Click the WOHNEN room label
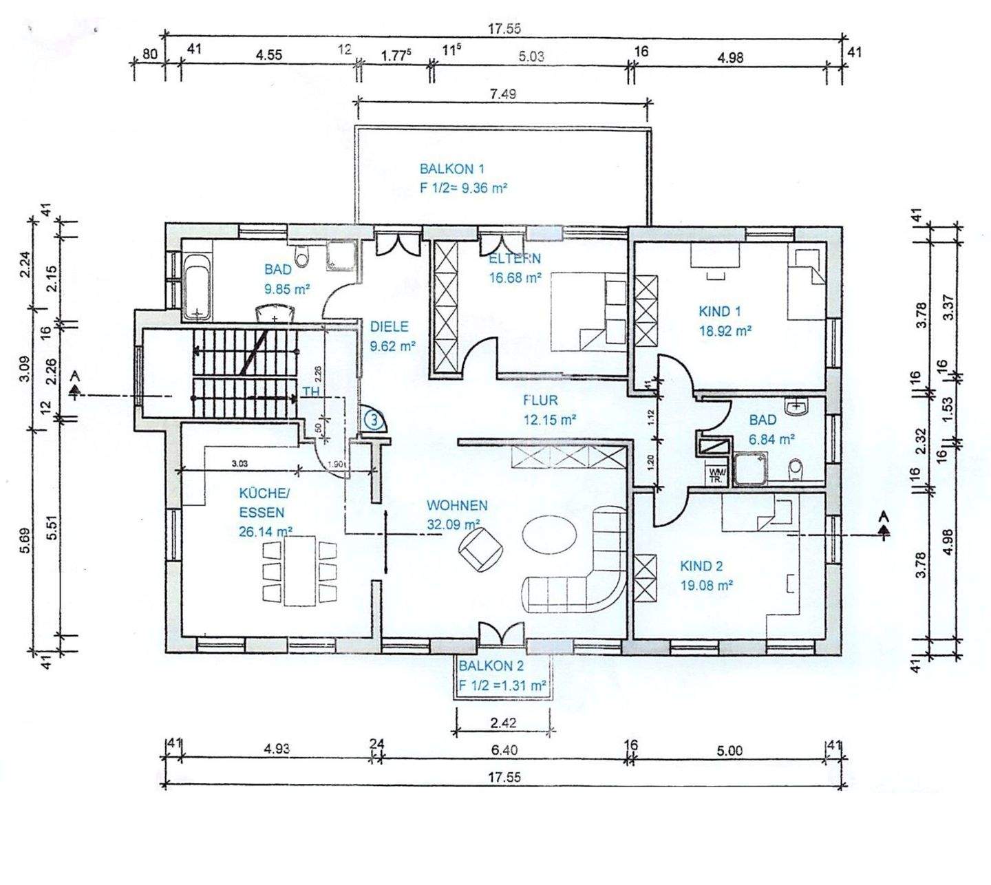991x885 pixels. tap(457, 505)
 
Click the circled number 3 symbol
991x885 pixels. tap(373, 418)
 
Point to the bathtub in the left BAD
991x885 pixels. tap(196, 285)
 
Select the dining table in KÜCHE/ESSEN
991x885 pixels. tap(300, 571)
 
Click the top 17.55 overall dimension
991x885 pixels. tap(504, 29)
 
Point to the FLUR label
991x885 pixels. tap(540, 400)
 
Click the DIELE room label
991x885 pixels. tap(389, 327)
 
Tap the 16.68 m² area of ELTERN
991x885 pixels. tap(515, 278)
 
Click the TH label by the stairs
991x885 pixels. tap(311, 392)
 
